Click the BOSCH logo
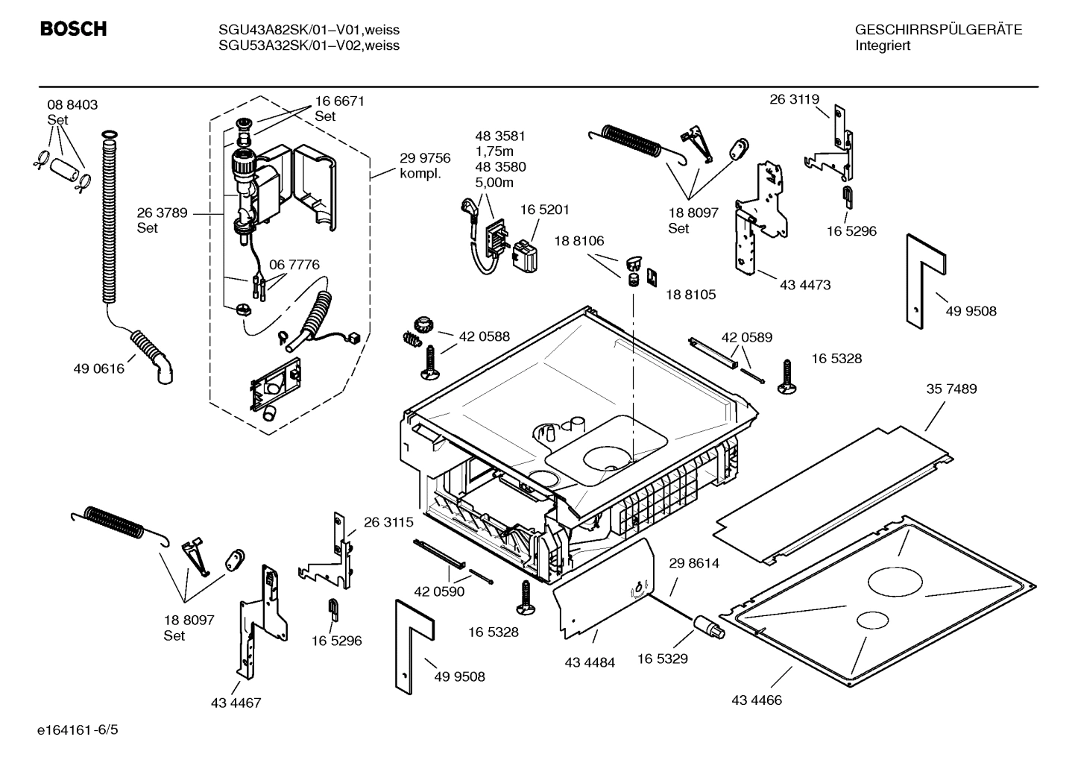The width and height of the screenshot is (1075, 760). click(x=73, y=29)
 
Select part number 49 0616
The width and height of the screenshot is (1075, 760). click(x=99, y=368)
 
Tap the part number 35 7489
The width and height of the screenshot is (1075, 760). click(x=951, y=389)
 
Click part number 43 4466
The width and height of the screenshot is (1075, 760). click(x=757, y=700)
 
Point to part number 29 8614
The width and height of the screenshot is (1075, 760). click(x=694, y=563)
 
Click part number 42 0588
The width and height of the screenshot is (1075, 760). click(x=484, y=336)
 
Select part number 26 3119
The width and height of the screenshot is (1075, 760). click(x=794, y=99)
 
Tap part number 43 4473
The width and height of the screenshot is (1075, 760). click(x=805, y=285)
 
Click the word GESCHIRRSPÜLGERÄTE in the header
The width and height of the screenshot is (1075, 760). click(x=938, y=30)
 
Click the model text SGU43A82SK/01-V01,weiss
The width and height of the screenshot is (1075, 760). click(x=309, y=30)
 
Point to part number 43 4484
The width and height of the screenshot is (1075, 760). click(x=590, y=662)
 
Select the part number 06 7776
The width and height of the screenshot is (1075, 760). click(x=294, y=265)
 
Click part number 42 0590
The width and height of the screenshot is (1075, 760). click(x=439, y=591)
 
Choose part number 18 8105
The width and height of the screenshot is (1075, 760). click(x=690, y=295)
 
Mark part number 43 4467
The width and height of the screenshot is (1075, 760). click(x=236, y=703)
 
